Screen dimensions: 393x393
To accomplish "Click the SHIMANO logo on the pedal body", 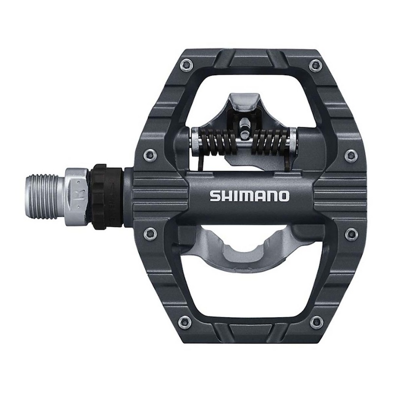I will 250,196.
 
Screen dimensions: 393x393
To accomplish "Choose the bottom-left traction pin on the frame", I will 185,322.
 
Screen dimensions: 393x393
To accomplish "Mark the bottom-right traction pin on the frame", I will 315,322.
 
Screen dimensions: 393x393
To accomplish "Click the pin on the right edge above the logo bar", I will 350,156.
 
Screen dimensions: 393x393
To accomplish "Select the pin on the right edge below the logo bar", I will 350,233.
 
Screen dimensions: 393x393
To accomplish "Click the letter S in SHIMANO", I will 215,196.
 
